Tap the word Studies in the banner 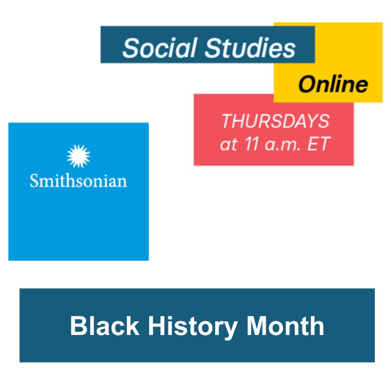(250, 48)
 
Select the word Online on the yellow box (333, 84)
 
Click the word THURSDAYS (275, 121)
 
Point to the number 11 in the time (252, 144)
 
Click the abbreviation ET (319, 144)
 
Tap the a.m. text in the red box (283, 145)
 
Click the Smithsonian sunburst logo (78, 156)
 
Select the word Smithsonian (78, 181)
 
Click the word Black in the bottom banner (104, 326)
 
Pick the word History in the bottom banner (193, 327)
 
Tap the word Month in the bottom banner (285, 326)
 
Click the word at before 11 (229, 145)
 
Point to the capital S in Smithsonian (35, 181)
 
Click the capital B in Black (78, 326)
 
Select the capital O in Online (308, 85)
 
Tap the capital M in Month (257, 326)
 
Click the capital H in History (157, 326)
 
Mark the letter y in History (229, 330)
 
